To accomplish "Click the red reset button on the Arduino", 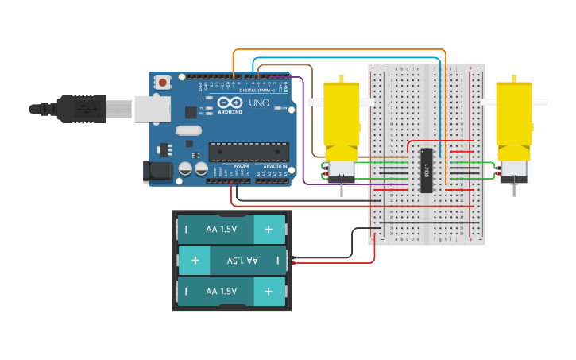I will tap(164, 82).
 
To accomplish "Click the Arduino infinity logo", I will tap(230, 104).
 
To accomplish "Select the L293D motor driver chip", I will tap(427, 170).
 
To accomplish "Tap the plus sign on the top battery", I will tap(269, 230).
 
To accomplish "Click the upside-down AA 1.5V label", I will tap(242, 261).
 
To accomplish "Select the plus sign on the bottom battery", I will tap(269, 292).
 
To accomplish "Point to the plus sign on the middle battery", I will tap(195, 261).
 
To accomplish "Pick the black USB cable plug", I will tap(79, 109).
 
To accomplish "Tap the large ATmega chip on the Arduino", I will tap(248, 151).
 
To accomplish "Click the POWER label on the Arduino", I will tap(241, 167).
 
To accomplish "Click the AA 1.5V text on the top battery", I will tap(222, 230).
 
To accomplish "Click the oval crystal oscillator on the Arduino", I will tap(189, 130).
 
